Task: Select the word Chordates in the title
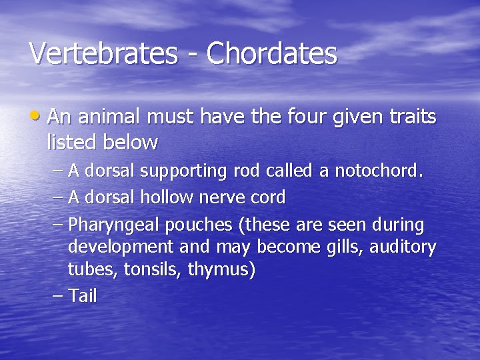271,53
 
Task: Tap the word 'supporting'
187,172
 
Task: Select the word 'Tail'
83,296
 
